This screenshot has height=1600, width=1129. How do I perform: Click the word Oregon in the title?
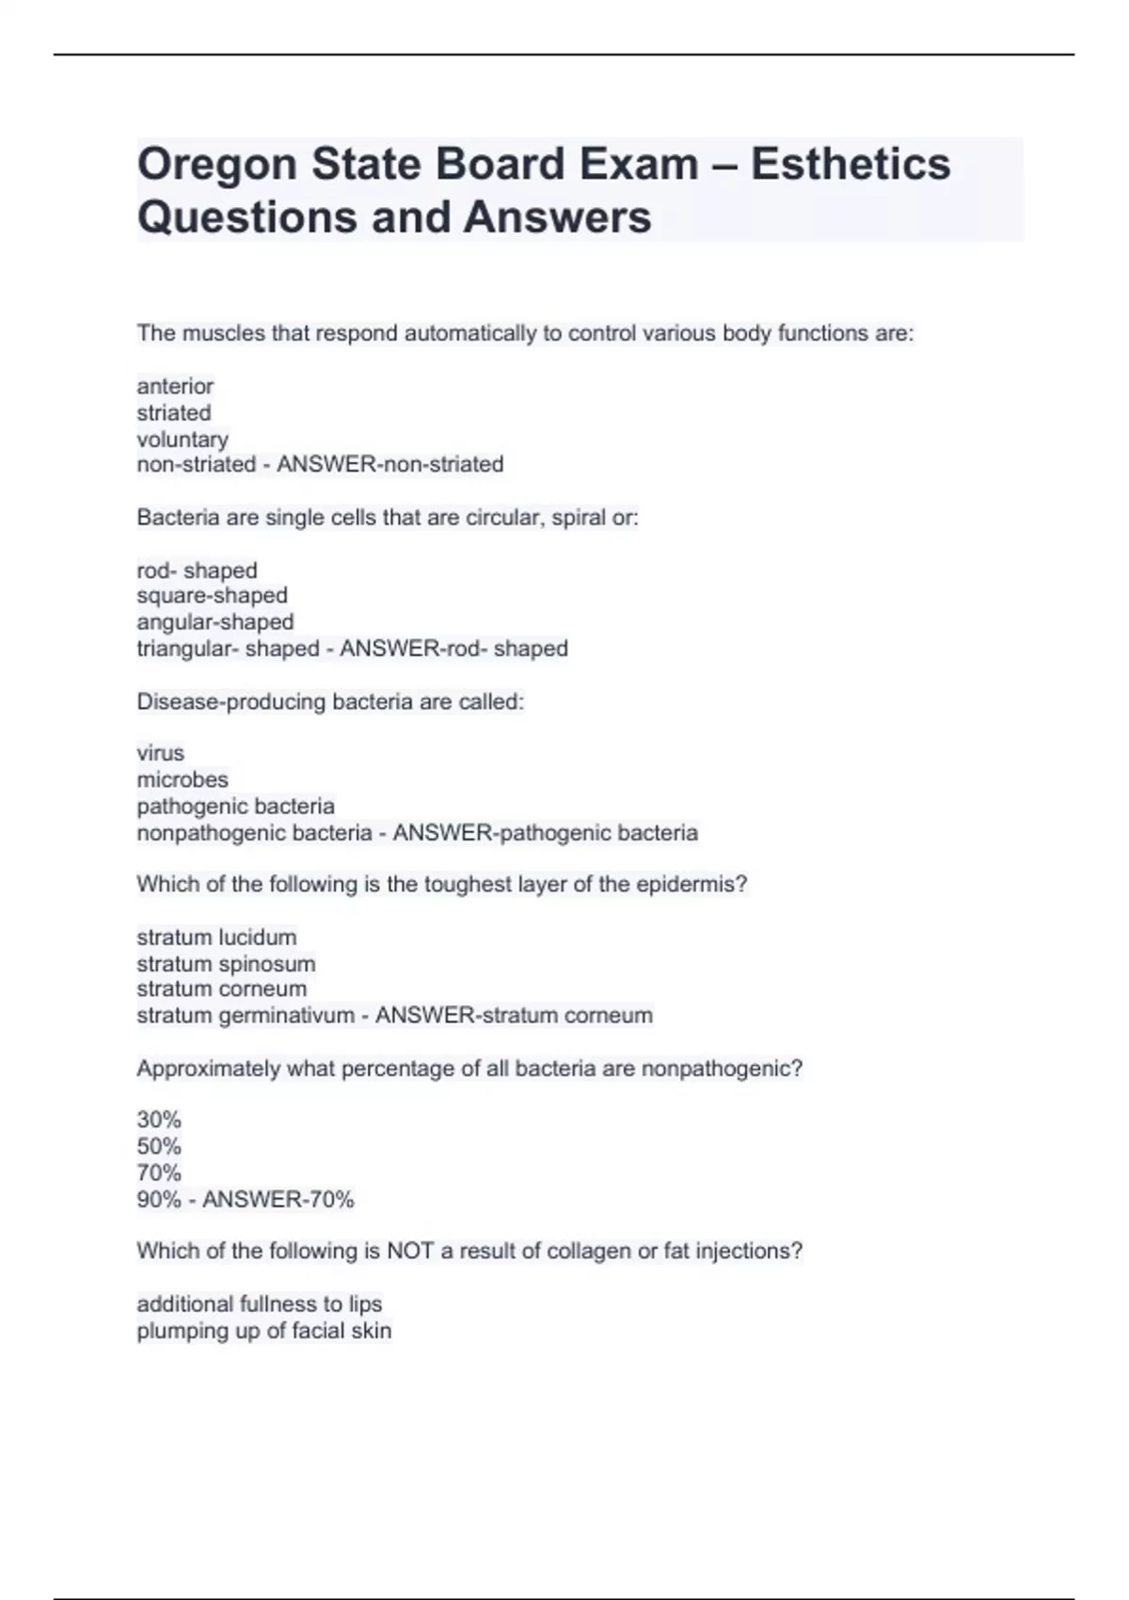tap(216, 165)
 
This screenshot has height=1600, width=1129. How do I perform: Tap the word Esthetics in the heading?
tap(850, 164)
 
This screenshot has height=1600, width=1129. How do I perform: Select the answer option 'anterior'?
tap(175, 386)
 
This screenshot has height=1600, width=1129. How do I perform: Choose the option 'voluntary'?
tap(183, 439)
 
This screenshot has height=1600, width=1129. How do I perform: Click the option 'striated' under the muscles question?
tap(174, 412)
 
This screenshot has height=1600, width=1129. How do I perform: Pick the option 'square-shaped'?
tap(212, 596)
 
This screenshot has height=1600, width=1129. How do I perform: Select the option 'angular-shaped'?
tap(215, 622)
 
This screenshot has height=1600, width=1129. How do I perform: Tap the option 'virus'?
tap(160, 753)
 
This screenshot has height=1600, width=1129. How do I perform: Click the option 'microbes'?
tap(183, 779)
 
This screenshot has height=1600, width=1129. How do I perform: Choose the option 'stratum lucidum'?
tap(216, 937)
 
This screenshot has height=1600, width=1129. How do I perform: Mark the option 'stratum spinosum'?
tap(226, 964)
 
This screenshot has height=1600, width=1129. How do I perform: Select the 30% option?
tap(159, 1120)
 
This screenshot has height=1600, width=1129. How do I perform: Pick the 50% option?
tap(159, 1146)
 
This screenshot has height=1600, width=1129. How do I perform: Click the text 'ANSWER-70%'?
tap(278, 1200)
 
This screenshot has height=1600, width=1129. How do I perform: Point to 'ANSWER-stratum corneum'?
tap(514, 1016)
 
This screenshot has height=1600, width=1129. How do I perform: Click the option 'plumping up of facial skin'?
tap(263, 1331)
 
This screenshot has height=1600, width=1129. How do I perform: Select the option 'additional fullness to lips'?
tap(259, 1304)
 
